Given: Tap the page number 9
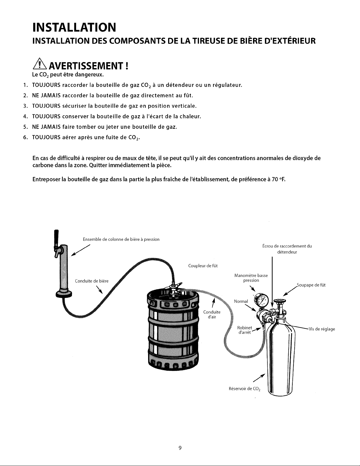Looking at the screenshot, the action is click(180, 447).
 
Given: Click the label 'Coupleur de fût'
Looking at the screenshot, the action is click(203, 266).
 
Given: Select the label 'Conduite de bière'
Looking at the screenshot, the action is click(92, 281).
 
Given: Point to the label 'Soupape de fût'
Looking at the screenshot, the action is click(311, 285).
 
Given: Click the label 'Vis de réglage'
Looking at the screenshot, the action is click(322, 329).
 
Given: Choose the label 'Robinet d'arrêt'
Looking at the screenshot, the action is click(245, 330).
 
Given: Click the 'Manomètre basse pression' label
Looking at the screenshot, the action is click(251, 278).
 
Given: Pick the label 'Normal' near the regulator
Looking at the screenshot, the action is click(241, 301).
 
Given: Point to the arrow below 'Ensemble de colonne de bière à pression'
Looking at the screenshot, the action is click(80, 250).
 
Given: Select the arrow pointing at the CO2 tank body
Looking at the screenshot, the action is click(259, 378).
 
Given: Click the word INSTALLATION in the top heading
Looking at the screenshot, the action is click(74, 27).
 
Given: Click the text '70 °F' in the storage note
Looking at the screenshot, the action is click(279, 179).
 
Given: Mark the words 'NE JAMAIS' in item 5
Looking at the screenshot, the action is click(46, 127).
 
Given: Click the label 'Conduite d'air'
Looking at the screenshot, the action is click(212, 314).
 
